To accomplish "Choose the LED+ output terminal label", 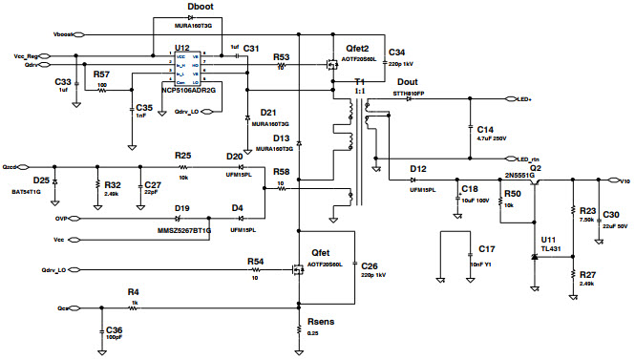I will point(524,98).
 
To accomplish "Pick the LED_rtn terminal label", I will point(528,159).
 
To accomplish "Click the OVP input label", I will point(60,217).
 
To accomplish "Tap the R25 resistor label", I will point(182,155).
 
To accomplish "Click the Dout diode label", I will point(406,83).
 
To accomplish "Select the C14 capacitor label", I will point(485,129).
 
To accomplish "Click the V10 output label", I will point(625,180).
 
